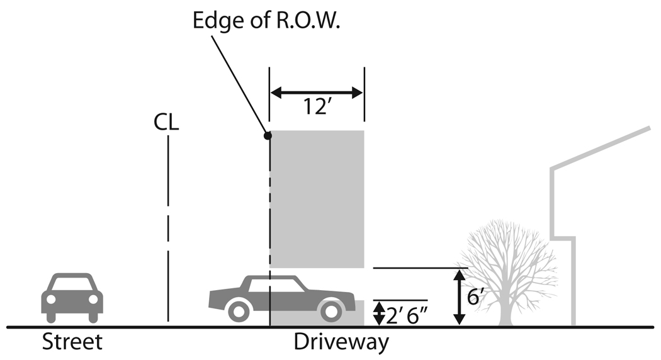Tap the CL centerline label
(166, 121)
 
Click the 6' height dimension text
(474, 296)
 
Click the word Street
(72, 343)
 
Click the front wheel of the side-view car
(239, 310)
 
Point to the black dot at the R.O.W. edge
(268, 135)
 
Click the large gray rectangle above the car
(317, 198)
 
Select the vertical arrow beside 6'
(460, 296)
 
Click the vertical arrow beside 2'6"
(378, 313)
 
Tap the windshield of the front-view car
(72, 284)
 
